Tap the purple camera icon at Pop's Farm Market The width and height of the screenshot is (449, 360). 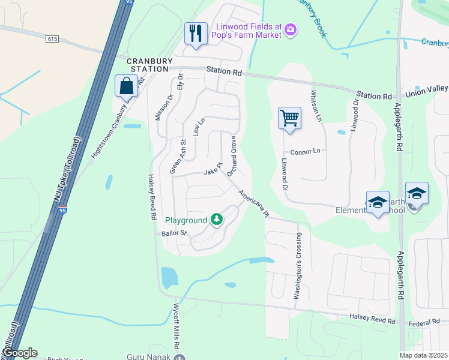pyautogui.click(x=291, y=29)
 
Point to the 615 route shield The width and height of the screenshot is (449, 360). pyautogui.click(x=52, y=39)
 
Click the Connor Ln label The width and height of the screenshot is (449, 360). pyautogui.click(x=306, y=152)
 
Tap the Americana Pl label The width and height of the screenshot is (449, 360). pyautogui.click(x=252, y=204)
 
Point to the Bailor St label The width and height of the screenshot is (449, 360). pyautogui.click(x=175, y=233)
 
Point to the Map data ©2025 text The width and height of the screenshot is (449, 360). pyautogui.click(x=424, y=355)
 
